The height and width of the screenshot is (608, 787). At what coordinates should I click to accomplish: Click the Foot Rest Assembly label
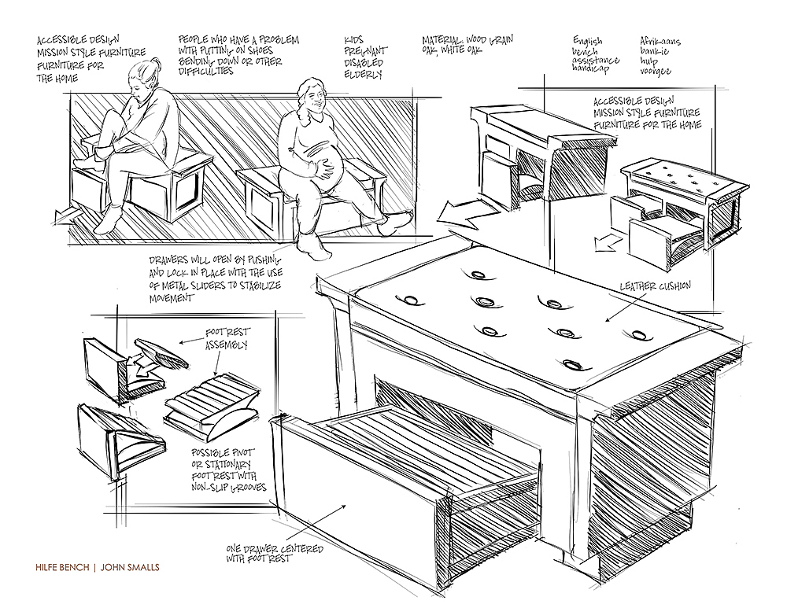228,339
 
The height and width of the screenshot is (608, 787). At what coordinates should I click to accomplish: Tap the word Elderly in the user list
364,75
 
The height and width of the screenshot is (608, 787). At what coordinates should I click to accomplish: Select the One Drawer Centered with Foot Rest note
263,552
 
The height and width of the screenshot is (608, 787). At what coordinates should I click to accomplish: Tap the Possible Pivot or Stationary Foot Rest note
229,470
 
